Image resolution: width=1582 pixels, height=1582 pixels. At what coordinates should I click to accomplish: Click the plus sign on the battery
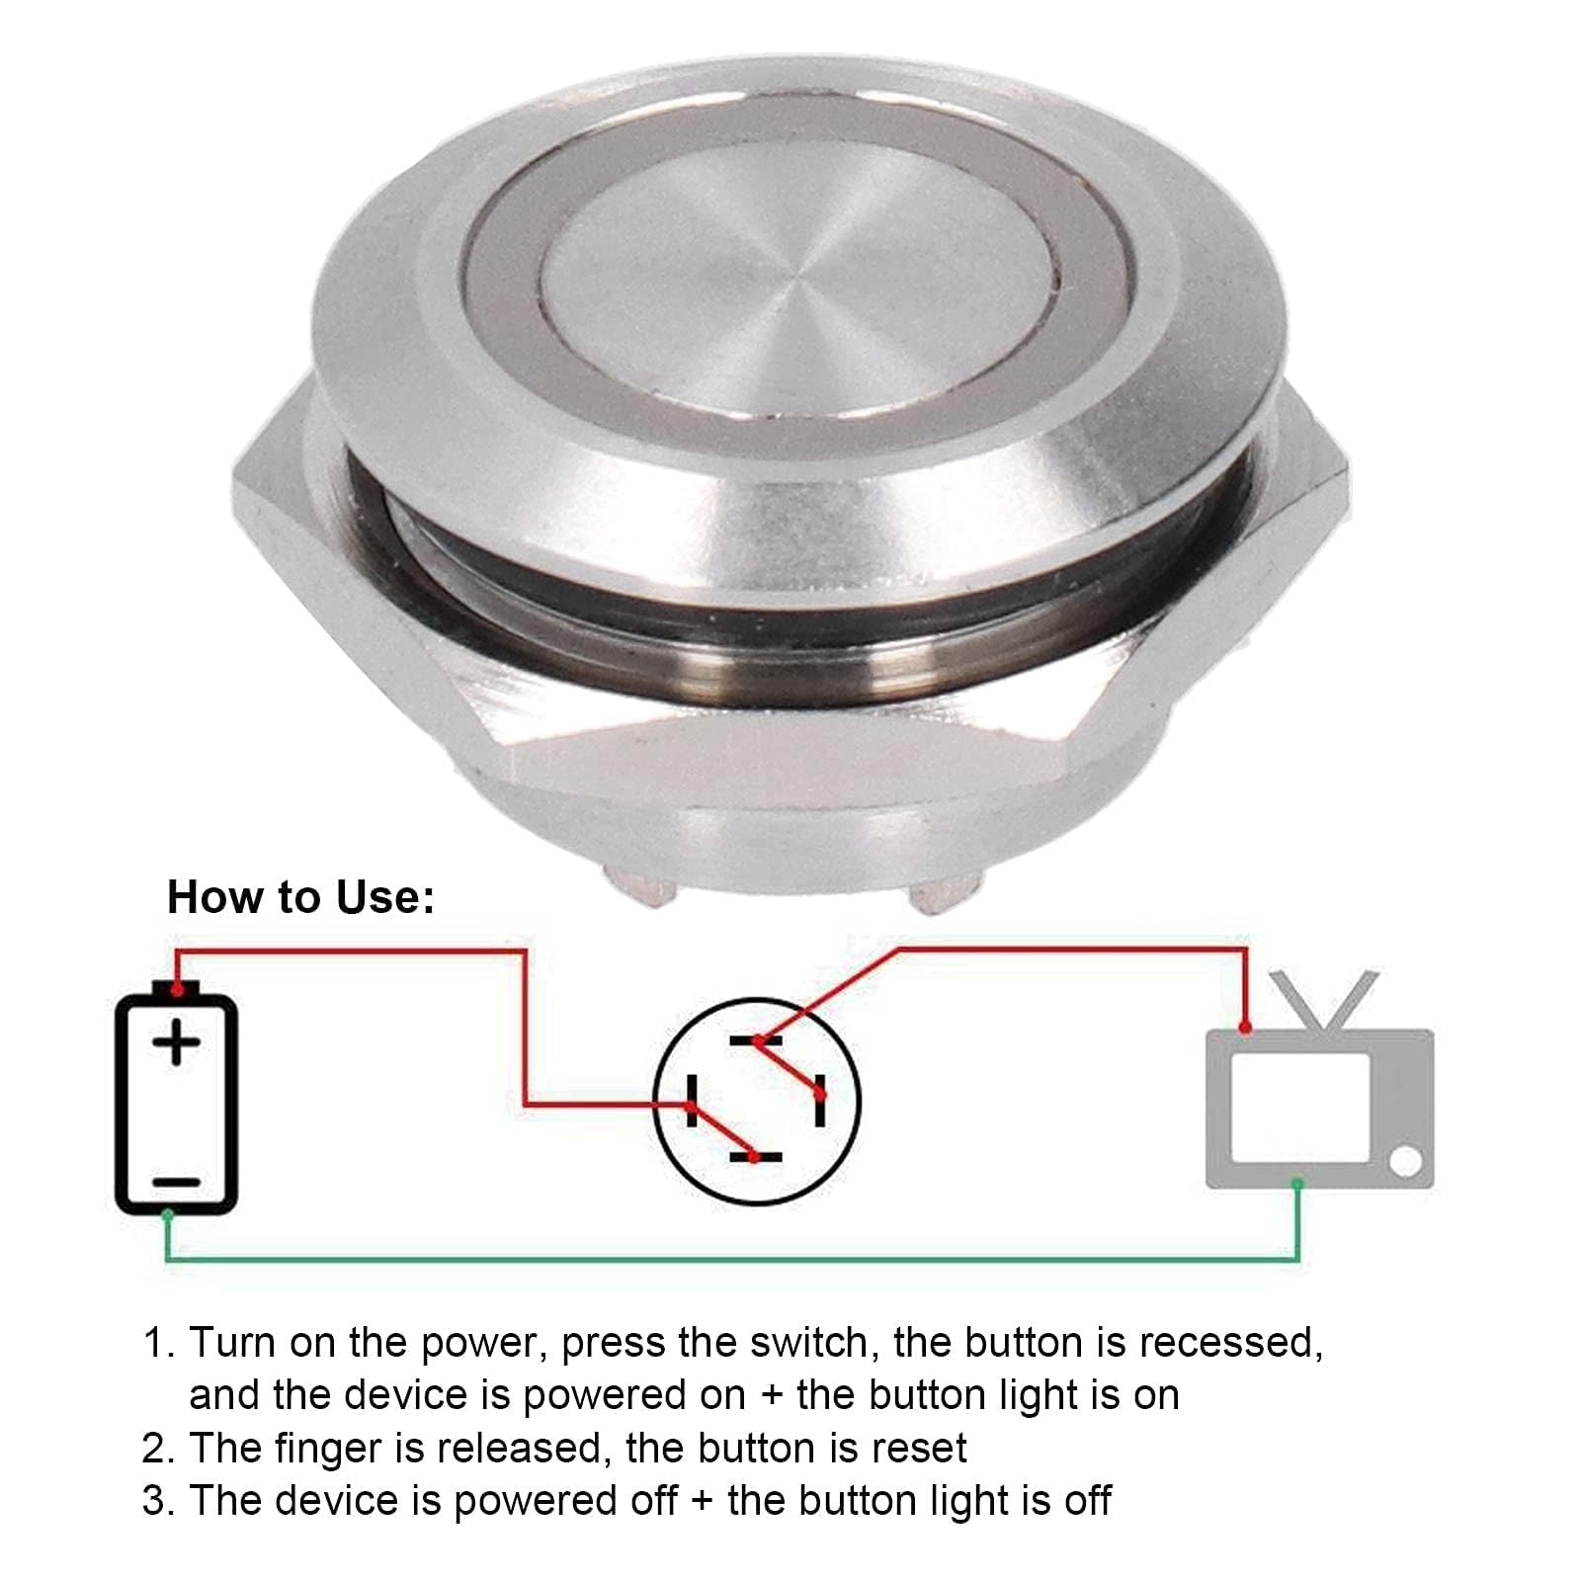(x=177, y=1043)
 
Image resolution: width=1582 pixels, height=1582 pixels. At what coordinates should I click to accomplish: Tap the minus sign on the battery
(x=177, y=1182)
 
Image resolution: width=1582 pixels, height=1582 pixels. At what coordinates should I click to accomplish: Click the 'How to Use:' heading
(x=300, y=897)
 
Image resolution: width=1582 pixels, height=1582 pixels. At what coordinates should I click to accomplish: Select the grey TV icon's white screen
(x=1299, y=1107)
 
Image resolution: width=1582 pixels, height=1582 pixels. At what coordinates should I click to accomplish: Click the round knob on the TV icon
(x=1405, y=1161)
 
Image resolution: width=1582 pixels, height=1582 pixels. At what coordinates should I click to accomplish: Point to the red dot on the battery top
(x=177, y=988)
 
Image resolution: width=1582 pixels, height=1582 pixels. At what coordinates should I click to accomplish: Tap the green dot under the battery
(x=168, y=1213)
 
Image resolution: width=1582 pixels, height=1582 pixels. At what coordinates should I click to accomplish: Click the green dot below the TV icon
(x=1297, y=1184)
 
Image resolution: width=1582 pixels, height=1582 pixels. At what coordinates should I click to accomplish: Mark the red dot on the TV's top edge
(x=1246, y=1029)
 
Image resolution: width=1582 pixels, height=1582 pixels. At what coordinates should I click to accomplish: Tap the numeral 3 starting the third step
(x=155, y=1500)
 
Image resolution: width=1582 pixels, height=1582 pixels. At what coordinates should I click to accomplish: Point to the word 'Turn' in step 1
(x=232, y=1343)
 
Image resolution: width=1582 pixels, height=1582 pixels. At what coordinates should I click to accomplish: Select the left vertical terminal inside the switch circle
(x=691, y=1100)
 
